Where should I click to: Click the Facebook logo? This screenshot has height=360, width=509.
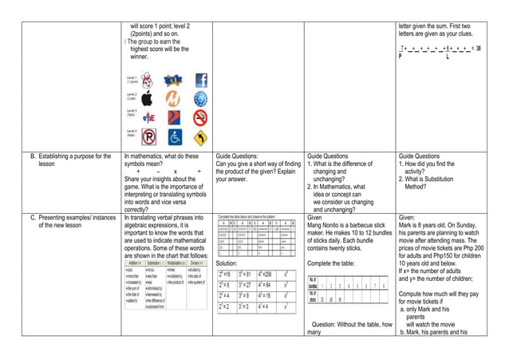tap(200, 81)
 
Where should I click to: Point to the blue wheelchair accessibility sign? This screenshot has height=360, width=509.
tap(175, 137)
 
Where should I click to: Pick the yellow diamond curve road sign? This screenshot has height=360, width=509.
tap(200, 137)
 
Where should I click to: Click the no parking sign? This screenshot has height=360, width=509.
tap(148, 137)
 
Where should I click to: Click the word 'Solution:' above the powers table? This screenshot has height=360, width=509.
tap(227, 263)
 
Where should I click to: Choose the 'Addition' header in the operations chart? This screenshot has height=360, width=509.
tap(134, 263)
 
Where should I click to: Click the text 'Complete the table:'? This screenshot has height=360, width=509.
tap(330, 263)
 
